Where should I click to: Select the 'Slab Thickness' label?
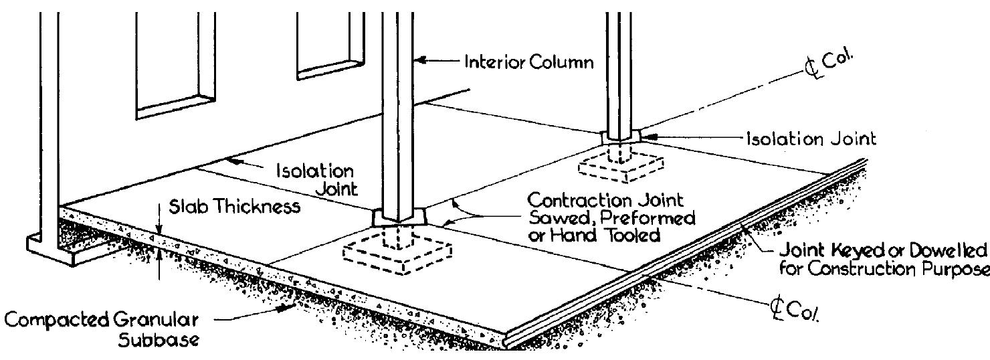pos(233,207)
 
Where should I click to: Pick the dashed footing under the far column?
pos(621,165)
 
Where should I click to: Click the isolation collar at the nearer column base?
pos(397,218)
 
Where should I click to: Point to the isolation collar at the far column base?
pos(621,137)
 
